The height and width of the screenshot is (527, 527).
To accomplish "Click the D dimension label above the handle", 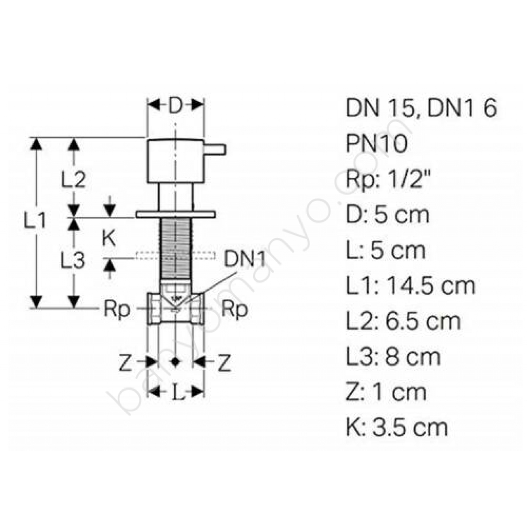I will coord(175,106).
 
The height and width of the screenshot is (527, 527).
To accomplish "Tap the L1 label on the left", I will coord(35,221).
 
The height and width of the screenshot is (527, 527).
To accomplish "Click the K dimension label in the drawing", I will coord(109,238).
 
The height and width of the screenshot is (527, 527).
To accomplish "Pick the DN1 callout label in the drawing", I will coord(244,260).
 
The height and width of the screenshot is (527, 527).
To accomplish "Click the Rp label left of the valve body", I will coord(117,309).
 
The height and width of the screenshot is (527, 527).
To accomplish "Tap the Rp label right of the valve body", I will coord(235,309).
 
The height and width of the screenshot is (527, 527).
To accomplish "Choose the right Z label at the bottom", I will coord(224,363).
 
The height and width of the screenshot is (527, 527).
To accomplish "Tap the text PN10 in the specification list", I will coord(376,144).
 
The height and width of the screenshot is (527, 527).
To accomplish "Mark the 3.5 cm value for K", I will coord(410,427).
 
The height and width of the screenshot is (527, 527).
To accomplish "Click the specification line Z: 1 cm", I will coord(386,392).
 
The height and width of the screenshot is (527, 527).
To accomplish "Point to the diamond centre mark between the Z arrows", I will coord(176,361).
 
